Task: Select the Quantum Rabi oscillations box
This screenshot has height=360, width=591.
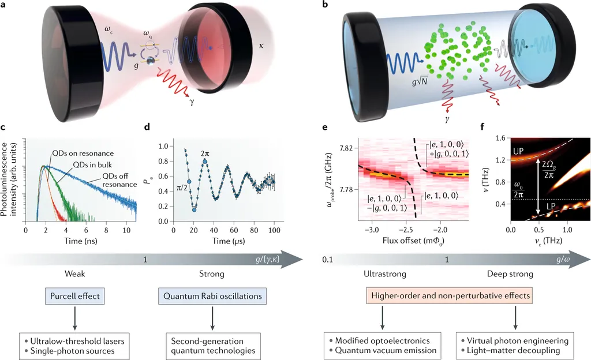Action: [x=211, y=297]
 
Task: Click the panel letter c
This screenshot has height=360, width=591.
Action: [x=5, y=127]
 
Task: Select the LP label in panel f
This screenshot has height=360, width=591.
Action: [x=550, y=206]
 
